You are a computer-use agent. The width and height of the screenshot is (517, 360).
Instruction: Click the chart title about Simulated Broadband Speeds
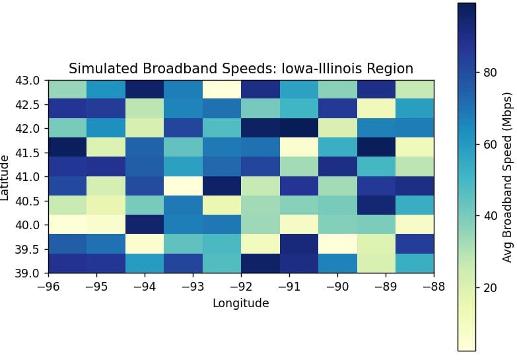(x=241, y=69)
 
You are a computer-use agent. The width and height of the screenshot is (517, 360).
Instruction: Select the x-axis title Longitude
(x=241, y=303)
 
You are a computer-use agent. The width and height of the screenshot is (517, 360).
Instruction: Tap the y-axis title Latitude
(x=6, y=177)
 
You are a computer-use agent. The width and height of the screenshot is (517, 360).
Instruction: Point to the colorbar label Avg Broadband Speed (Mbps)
(x=507, y=177)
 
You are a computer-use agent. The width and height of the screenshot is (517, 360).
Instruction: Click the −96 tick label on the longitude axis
(x=48, y=287)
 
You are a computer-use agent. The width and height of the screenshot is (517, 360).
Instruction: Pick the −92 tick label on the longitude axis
(x=241, y=287)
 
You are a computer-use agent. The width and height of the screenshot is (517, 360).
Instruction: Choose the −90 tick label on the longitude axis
(x=337, y=287)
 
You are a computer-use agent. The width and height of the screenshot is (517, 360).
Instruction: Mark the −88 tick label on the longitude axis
(x=434, y=287)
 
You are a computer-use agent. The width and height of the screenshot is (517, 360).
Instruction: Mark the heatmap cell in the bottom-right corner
(x=415, y=263)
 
